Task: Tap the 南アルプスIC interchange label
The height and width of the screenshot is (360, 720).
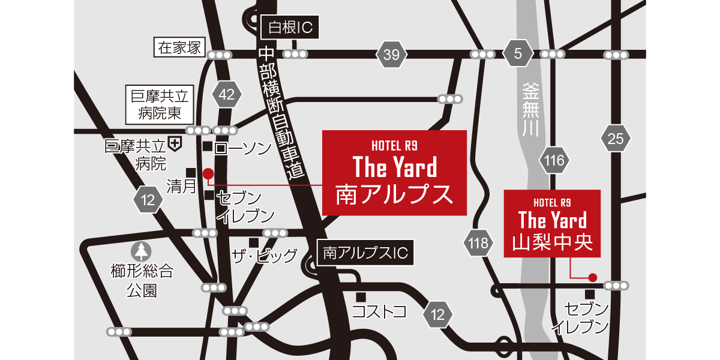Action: pos(365,253)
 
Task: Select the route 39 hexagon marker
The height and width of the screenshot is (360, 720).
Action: pos(391,55)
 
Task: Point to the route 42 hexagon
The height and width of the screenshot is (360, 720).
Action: pos(227,94)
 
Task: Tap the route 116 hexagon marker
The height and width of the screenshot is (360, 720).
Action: pos(555,160)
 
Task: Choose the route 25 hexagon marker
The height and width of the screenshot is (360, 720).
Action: pos(616,139)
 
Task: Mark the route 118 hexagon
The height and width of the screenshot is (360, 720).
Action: pos(479,243)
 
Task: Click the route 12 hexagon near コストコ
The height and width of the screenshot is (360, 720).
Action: pos(438,314)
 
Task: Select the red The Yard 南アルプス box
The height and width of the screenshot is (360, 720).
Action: pos(394,172)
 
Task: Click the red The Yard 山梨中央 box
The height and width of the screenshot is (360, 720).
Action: pos(552,223)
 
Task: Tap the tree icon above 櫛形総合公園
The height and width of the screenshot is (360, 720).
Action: pos(142,251)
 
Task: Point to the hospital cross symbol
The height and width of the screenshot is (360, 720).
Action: pos(175,143)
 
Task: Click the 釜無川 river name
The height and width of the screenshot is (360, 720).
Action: pos(530,111)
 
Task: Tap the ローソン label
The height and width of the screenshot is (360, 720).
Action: pos(243,148)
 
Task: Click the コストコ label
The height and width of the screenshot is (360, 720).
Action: pos(379,311)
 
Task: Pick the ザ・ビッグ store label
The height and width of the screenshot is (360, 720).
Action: pos(265,256)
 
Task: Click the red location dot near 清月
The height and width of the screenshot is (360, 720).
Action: pos(208,174)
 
